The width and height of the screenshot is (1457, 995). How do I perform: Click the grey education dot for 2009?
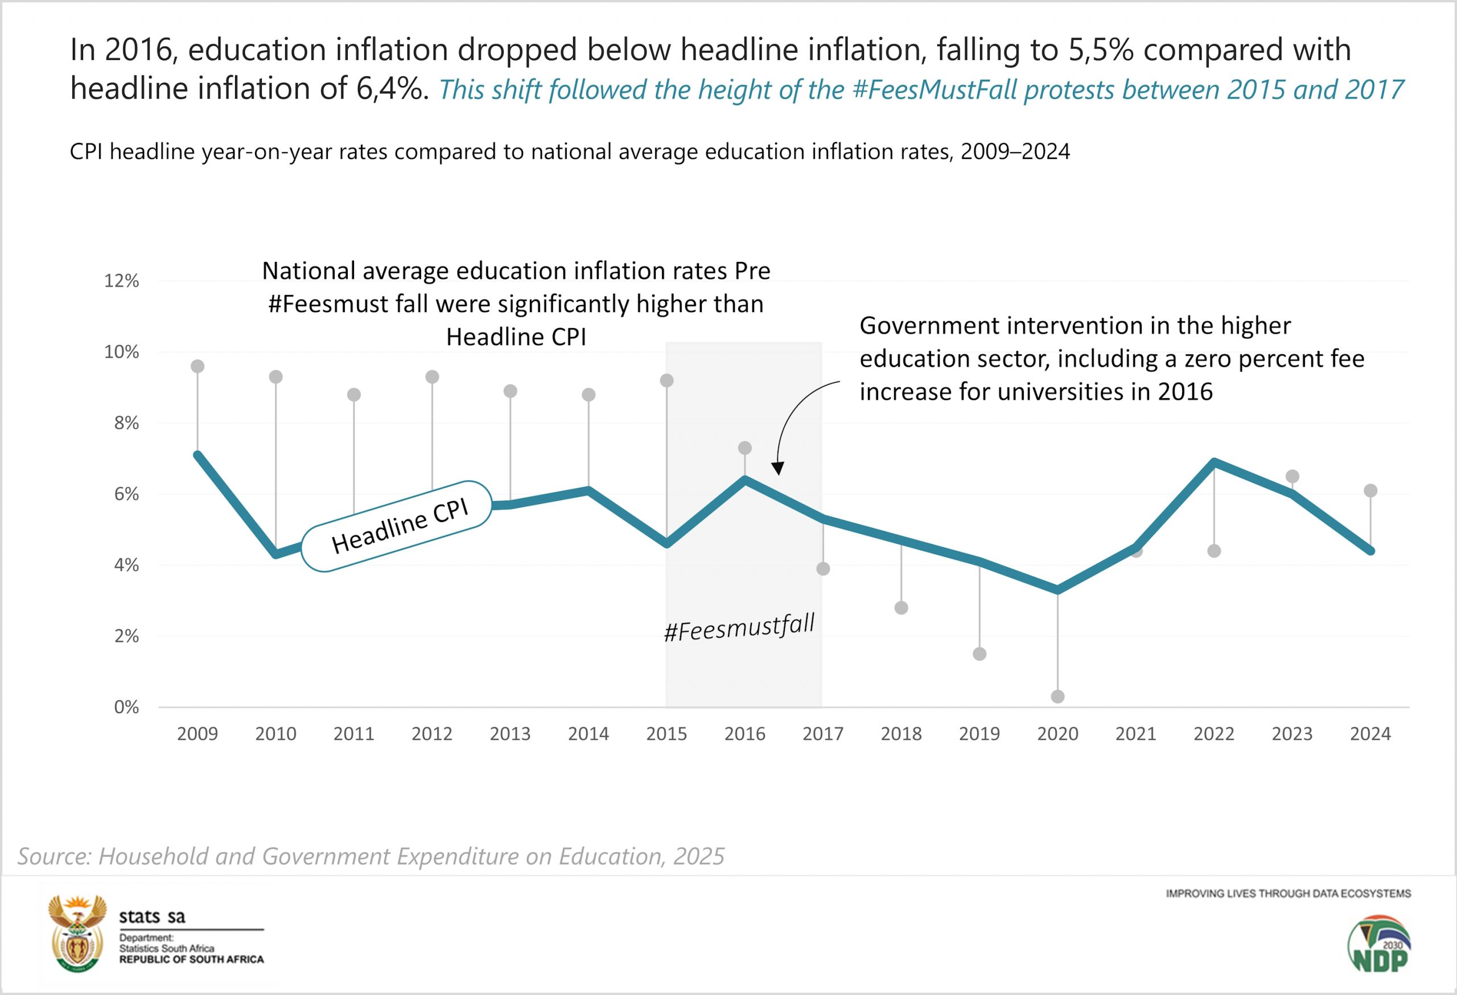pos(197,366)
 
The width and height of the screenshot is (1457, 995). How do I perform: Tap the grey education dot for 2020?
pos(1057,697)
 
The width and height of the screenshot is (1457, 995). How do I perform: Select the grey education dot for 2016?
pos(745,448)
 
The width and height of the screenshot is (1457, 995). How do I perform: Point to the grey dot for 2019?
pos(979,654)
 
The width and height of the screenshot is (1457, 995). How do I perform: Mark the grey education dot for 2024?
pos(1370,490)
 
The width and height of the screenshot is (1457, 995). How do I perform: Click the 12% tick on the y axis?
pos(122,281)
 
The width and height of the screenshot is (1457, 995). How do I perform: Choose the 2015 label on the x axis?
pos(666,734)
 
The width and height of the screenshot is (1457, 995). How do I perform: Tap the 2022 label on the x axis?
pos(1214,734)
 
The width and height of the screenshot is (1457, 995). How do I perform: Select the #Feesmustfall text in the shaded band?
pos(739,628)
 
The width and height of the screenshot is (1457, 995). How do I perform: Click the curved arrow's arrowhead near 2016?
pos(777,469)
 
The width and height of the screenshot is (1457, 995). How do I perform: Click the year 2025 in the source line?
pos(699,857)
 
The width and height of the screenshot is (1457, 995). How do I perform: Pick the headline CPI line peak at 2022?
pos(1215,462)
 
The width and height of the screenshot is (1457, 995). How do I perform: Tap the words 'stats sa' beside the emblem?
pos(153,916)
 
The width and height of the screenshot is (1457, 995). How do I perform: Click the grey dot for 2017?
pos(823,569)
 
